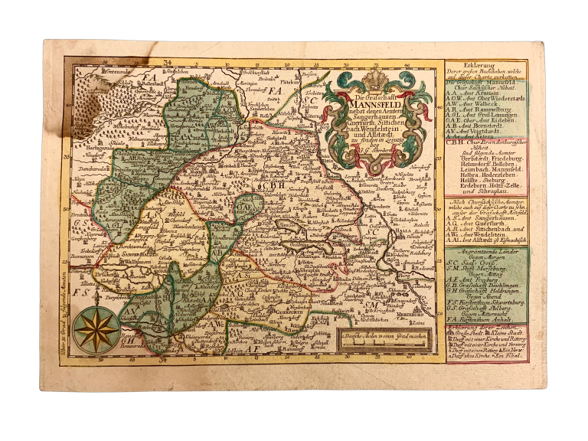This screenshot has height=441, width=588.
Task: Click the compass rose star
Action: [96, 329]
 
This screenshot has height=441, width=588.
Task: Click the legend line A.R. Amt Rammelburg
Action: [482, 109]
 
